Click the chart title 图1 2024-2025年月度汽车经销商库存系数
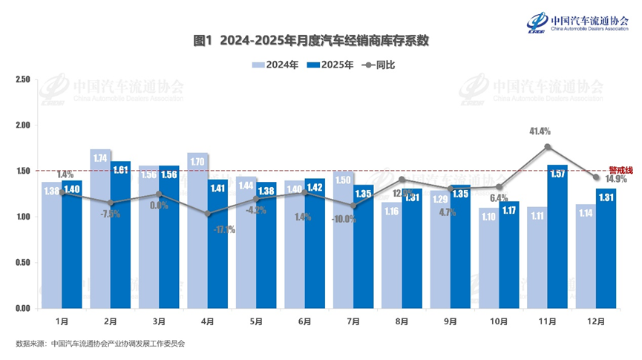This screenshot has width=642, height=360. [311, 40]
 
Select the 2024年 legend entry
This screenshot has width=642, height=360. [275, 65]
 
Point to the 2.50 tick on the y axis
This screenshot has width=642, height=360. [22, 79]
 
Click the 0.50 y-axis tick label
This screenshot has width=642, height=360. [22, 263]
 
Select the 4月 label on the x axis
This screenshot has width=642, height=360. [208, 322]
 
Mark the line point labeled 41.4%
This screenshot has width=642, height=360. [548, 147]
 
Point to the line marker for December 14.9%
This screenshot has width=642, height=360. [596, 177]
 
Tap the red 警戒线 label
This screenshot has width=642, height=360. [620, 170]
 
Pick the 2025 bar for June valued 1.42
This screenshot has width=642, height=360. [314, 243]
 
